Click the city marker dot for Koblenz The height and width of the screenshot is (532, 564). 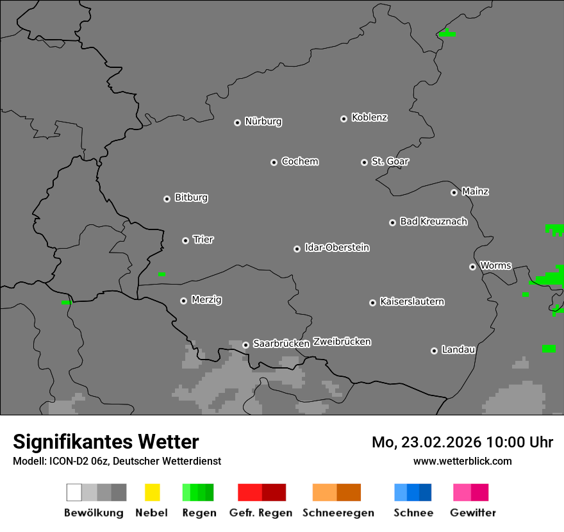pos(344,119)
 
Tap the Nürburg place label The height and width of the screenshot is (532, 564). pos(263,121)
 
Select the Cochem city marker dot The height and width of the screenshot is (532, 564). pos(274,162)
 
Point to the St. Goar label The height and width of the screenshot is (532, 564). pos(390,162)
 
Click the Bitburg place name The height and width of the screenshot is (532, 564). pos(191,197)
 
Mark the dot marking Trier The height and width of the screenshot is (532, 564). pos(185,240)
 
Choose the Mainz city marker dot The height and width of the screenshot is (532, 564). pos(454,192)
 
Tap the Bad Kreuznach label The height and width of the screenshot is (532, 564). pos(433,222)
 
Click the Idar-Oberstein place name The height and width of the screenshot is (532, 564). pos(337,247)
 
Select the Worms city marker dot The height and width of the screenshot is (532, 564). pos(472,267)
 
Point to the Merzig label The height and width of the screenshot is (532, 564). pos(206,299)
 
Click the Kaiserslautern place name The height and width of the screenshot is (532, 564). pos(412,301)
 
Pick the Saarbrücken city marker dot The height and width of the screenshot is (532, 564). pos(245,345)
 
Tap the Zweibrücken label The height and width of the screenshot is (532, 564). pos(342,342)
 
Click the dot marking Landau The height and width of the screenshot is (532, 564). pos(434,351)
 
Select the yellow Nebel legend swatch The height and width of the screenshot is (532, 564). pos(152,492)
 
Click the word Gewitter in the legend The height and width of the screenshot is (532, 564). pos(473,513)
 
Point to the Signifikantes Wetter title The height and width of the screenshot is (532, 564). pos(106,442)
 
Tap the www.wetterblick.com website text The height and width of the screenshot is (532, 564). pos(463,461)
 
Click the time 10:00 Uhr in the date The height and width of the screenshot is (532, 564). pos(519,442)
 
